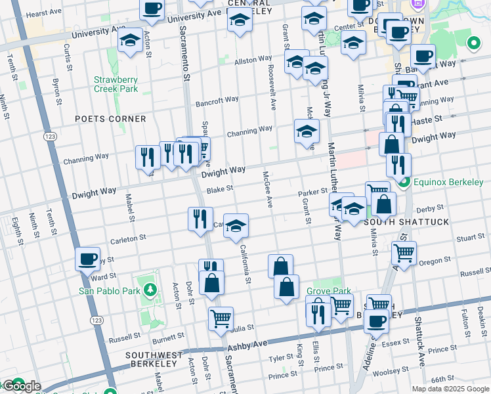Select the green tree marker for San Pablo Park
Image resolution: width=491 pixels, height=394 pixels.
150,290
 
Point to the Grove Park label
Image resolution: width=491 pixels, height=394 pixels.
328,291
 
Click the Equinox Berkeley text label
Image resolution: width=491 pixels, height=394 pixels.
448,182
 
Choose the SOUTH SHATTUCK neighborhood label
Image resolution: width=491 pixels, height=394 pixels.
406,222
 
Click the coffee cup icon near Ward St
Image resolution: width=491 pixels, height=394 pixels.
87,259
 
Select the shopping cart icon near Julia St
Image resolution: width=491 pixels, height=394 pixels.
221,318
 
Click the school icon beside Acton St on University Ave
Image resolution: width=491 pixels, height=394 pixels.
130,40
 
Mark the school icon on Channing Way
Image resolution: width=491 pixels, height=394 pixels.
307,131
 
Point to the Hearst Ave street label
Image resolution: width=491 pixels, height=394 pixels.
44,12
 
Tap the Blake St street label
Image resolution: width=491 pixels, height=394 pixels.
220,190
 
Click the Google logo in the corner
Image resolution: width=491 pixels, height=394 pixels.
21,386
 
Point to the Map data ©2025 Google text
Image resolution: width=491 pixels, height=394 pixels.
450,389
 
